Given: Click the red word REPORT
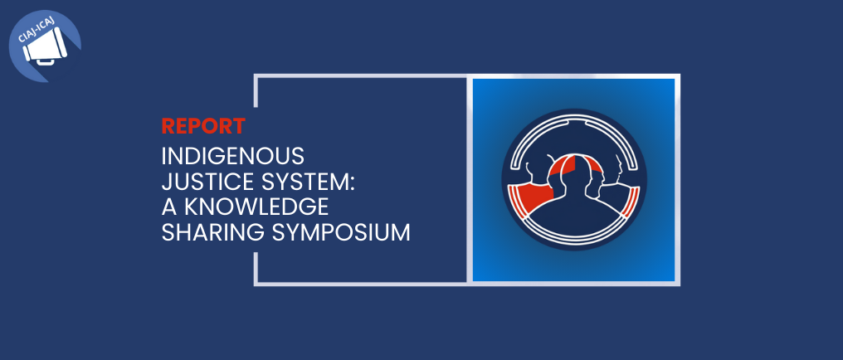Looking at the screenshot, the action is [203, 126].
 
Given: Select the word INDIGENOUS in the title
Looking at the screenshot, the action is [233, 156].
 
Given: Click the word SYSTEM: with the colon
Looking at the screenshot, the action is [308, 182].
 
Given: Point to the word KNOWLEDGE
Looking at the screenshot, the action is [256, 207].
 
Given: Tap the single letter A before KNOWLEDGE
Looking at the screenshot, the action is [169, 207].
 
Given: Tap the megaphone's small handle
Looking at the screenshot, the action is [45, 62].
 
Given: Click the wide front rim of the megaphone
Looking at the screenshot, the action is [61, 42].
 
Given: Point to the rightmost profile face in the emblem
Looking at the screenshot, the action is [618, 166].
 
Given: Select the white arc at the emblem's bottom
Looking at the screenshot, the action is [574, 239].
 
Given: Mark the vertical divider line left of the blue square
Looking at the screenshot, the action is [469, 179].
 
